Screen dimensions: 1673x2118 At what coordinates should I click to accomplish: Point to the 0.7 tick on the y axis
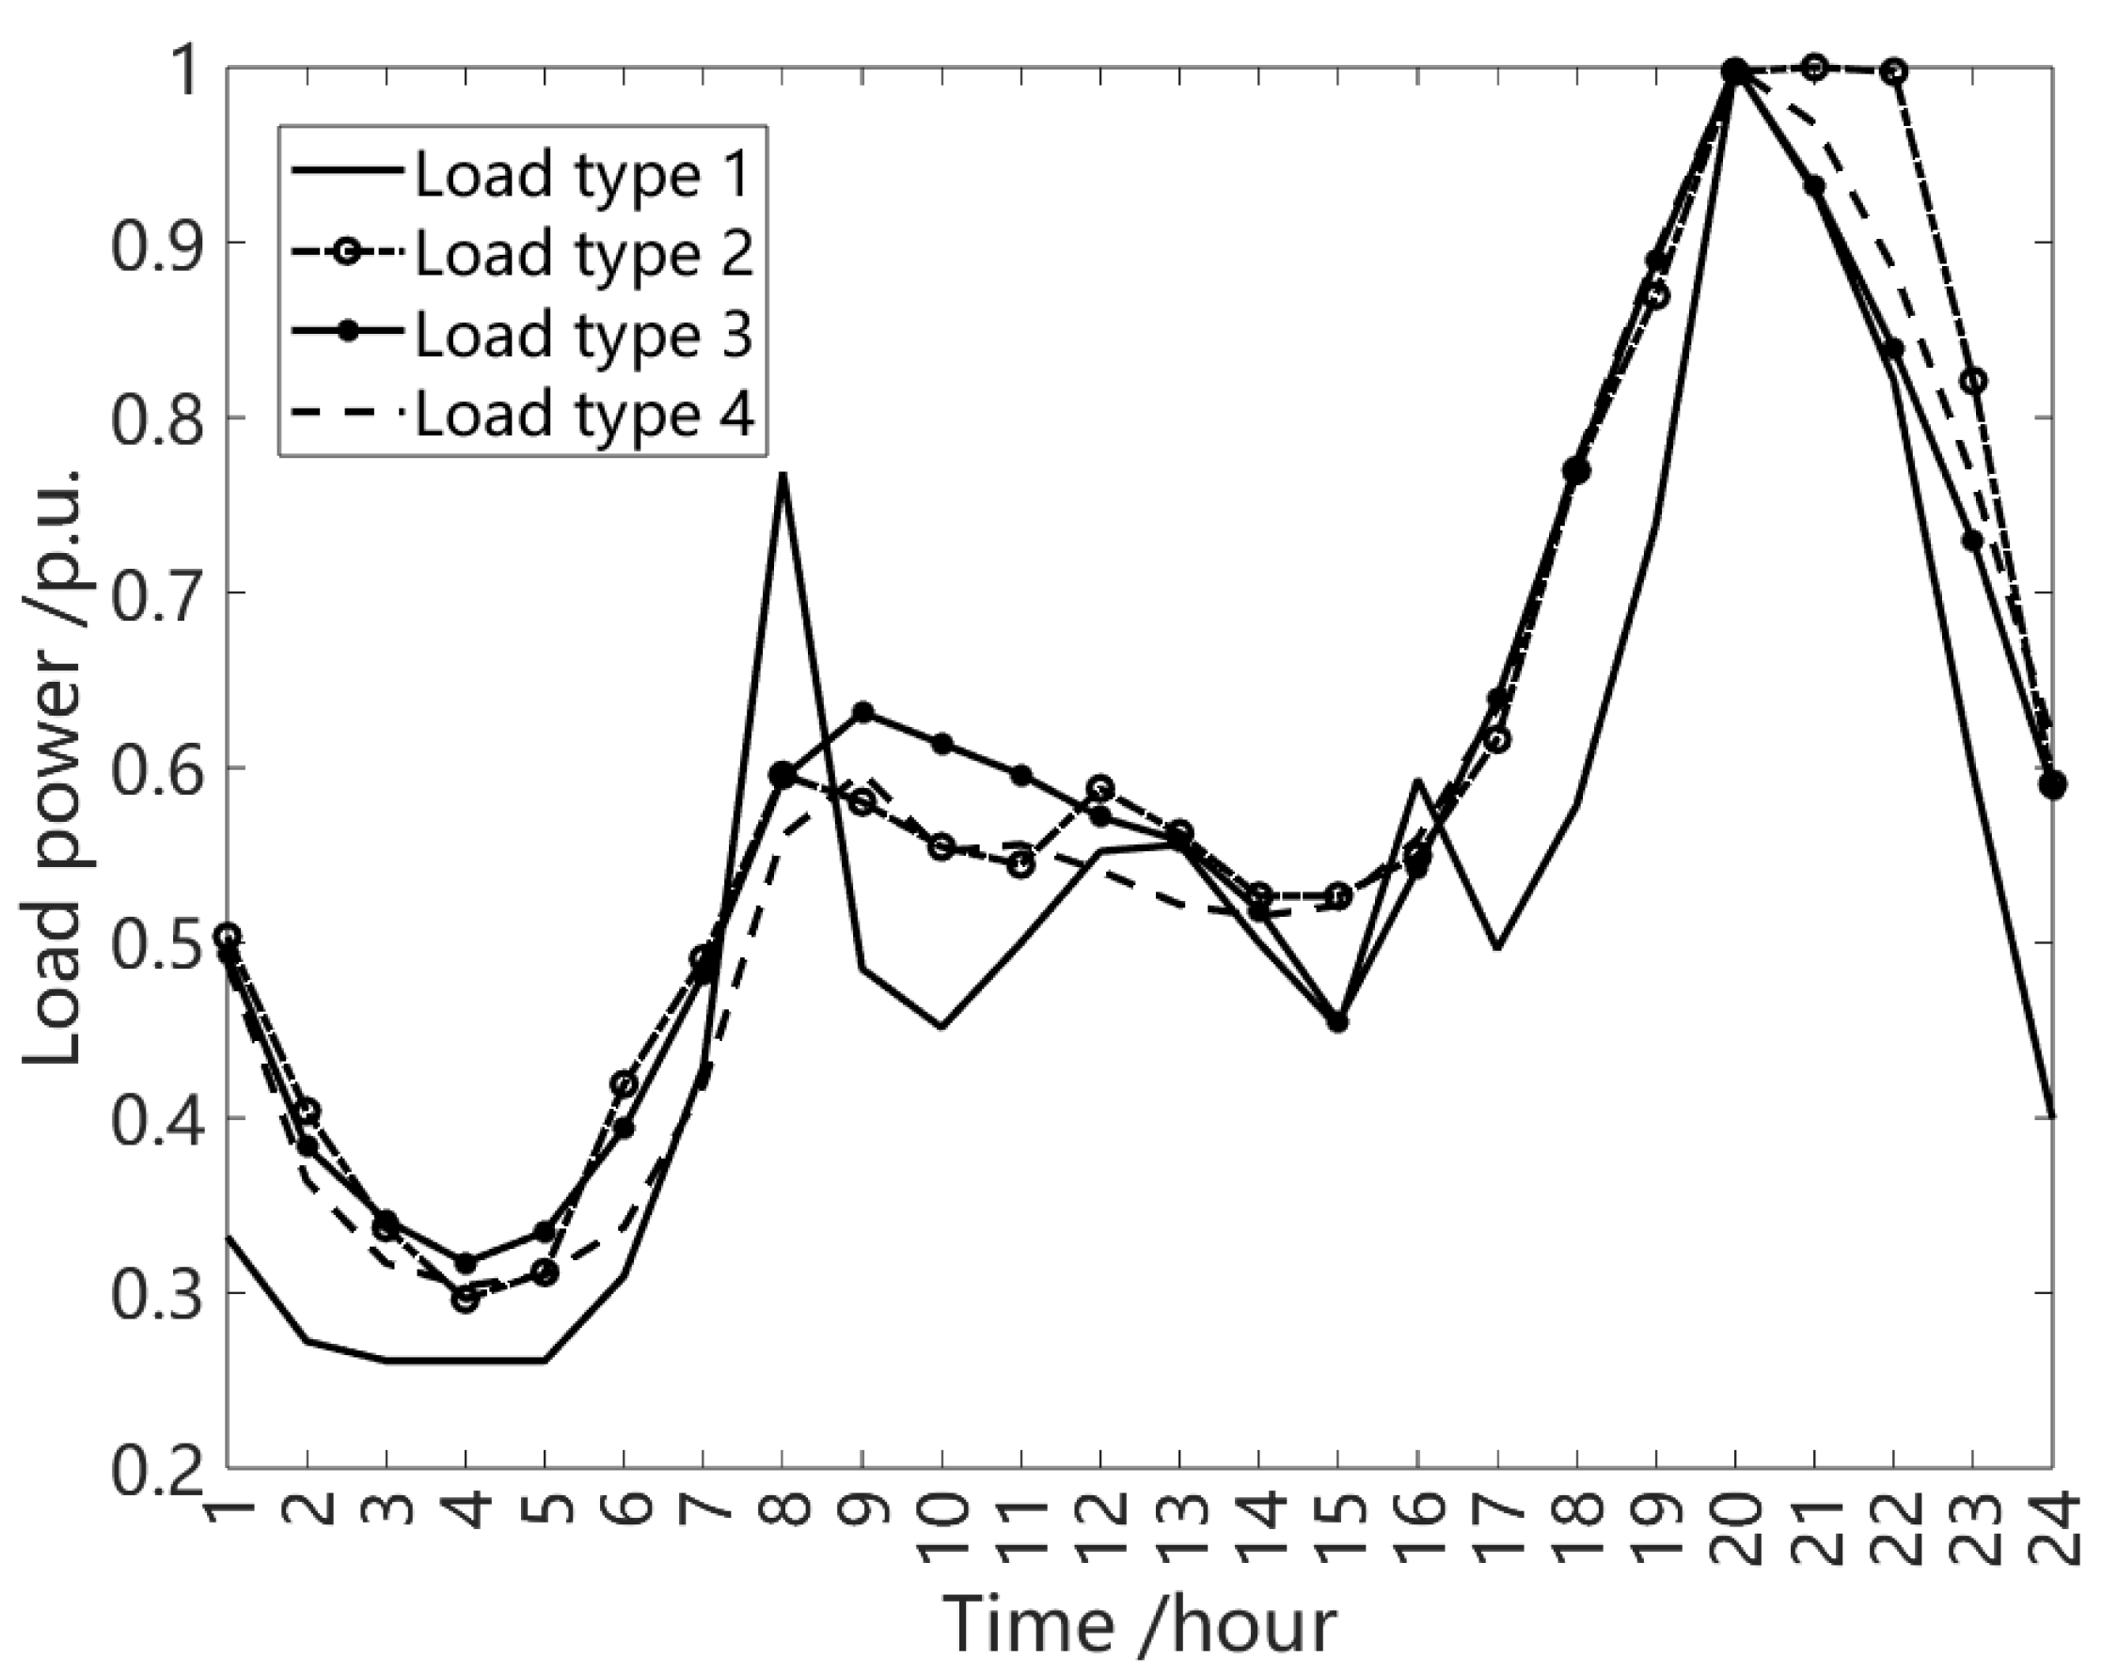click(x=157, y=593)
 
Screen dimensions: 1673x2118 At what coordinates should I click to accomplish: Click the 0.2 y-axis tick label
click(x=157, y=1467)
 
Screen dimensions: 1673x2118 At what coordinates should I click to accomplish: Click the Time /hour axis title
click(x=1138, y=1624)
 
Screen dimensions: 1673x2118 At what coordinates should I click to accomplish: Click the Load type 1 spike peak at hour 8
click(x=782, y=474)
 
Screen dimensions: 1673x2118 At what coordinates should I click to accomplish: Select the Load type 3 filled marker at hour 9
click(x=862, y=711)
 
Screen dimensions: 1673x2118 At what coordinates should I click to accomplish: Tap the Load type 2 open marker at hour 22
click(x=1893, y=71)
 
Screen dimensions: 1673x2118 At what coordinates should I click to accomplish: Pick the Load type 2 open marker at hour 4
click(x=466, y=1300)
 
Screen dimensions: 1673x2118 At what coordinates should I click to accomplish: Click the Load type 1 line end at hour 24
click(x=2052, y=1115)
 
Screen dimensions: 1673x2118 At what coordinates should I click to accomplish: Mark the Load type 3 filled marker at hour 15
click(x=1338, y=1022)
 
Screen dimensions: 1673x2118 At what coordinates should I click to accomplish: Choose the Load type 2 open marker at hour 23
click(x=1974, y=380)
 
